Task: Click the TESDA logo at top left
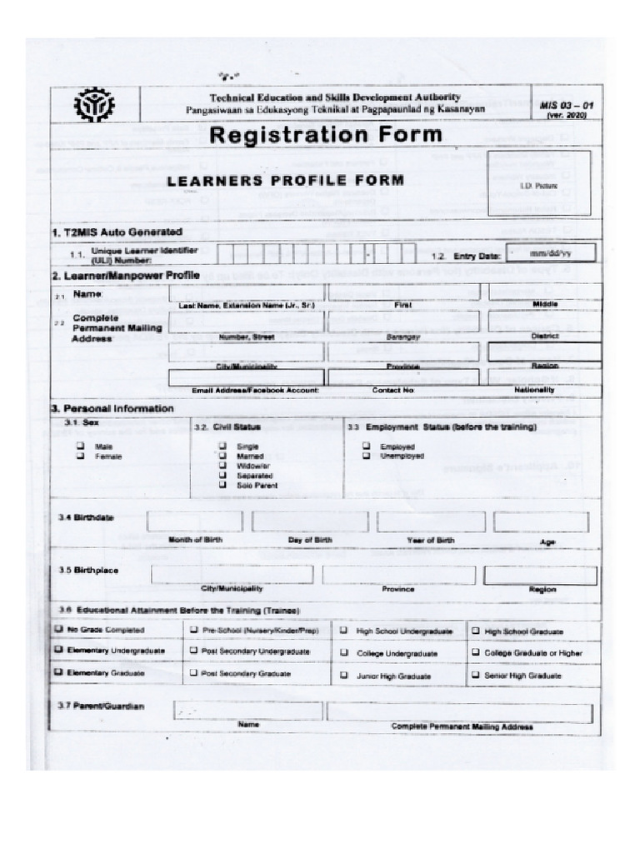click(95, 106)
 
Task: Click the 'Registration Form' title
click(326, 135)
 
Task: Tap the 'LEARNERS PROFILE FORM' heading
click(286, 180)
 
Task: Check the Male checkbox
click(82, 446)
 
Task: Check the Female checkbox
click(82, 456)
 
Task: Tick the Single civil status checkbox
click(222, 446)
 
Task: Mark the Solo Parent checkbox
click(222, 485)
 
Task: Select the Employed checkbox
click(366, 446)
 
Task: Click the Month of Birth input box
click(194, 521)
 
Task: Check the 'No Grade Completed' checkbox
click(60, 631)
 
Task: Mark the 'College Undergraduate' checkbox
click(343, 653)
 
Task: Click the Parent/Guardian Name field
click(247, 711)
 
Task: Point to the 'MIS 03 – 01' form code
click(566, 106)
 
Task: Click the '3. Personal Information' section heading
click(112, 409)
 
